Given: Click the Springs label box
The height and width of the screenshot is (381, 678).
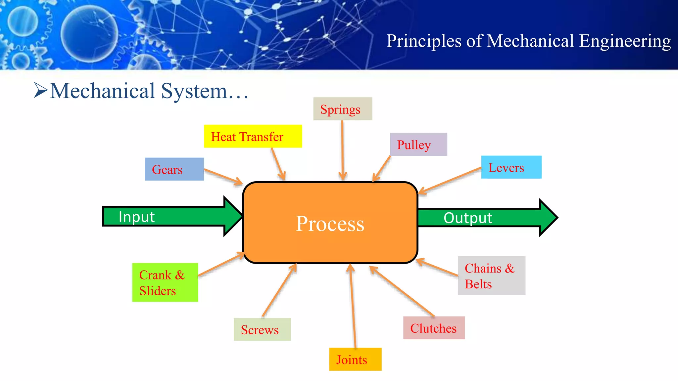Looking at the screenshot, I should pyautogui.click(x=343, y=109).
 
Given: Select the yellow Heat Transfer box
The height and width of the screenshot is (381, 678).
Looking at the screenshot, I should pyautogui.click(x=253, y=136).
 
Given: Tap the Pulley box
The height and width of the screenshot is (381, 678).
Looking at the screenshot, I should pyautogui.click(x=418, y=145).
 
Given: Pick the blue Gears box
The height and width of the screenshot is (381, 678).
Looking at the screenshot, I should pyautogui.click(x=174, y=169).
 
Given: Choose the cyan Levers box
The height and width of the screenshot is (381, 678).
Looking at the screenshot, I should pyautogui.click(x=511, y=167).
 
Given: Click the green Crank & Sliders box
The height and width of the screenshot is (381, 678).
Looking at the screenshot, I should pyautogui.click(x=165, y=282).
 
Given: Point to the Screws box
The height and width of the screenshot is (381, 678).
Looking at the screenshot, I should pyautogui.click(x=262, y=329).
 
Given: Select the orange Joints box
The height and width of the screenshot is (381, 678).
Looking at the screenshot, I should pyautogui.click(x=355, y=359).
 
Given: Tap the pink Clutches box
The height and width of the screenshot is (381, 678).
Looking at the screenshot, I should pyautogui.click(x=434, y=328).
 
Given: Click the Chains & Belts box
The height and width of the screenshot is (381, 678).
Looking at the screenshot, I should pyautogui.click(x=491, y=275).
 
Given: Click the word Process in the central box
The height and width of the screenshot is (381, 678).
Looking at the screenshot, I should pyautogui.click(x=330, y=224).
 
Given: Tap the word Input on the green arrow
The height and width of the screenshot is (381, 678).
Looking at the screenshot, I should pyautogui.click(x=136, y=217).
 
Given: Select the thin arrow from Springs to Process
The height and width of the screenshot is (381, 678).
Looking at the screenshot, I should pyautogui.click(x=342, y=149).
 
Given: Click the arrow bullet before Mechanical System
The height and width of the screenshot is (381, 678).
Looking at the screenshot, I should pyautogui.click(x=41, y=90).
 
